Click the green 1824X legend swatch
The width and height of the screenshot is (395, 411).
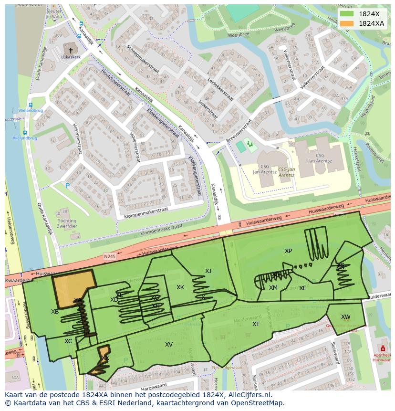(347, 14)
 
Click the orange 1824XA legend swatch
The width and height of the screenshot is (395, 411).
(347, 23)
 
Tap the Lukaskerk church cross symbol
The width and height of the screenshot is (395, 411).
(71, 50)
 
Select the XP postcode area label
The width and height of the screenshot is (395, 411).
(288, 251)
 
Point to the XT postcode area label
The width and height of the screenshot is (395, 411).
(256, 324)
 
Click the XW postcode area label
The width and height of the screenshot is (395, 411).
(345, 317)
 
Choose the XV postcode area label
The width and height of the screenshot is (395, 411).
(169, 345)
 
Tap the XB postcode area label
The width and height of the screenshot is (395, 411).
(55, 312)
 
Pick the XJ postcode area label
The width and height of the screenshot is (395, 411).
(208, 271)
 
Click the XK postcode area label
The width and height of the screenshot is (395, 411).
(180, 287)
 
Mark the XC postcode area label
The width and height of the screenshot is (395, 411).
(68, 341)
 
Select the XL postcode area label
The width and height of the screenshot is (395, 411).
(302, 288)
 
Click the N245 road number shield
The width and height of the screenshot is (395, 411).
(110, 257)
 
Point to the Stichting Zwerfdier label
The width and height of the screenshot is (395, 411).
(67, 224)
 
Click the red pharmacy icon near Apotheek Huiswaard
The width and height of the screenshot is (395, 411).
(383, 349)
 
